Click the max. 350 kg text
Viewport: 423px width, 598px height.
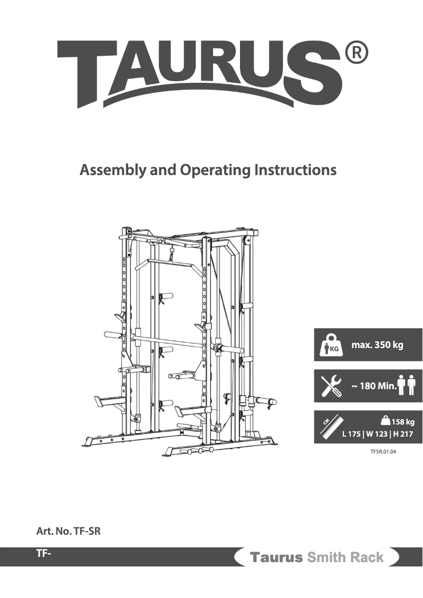(x=377, y=345)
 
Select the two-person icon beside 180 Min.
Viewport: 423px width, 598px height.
(x=407, y=385)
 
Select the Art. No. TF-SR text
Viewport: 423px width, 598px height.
(x=68, y=531)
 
